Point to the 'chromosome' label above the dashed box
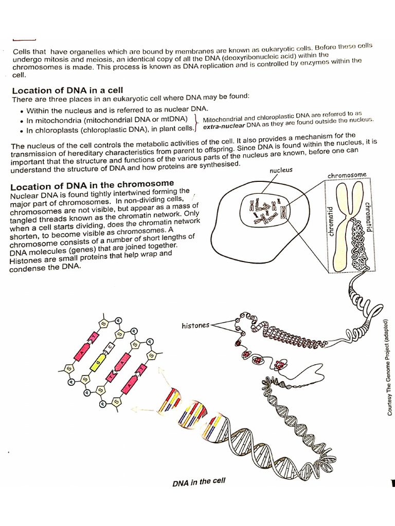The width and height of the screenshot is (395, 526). pos(347,175)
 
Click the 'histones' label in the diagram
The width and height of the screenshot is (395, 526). pos(195,325)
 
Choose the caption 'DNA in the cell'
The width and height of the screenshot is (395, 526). pos(199,482)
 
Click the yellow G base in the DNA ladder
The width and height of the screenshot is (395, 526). pos(96,365)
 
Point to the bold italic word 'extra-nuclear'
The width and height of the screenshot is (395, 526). pos(224,125)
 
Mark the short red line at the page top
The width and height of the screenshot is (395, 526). pos(24,39)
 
